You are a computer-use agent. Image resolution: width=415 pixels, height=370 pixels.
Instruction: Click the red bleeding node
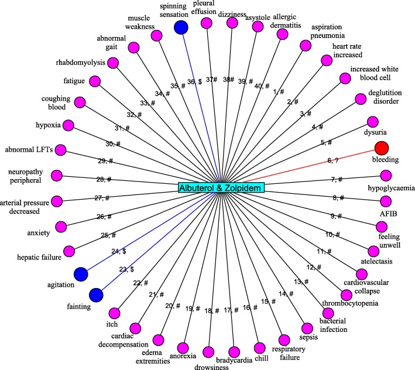pos(382,148)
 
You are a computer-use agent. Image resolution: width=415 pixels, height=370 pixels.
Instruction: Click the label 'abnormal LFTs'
pos(29,150)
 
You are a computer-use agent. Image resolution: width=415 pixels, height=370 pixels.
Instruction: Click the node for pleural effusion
pos(206,23)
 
